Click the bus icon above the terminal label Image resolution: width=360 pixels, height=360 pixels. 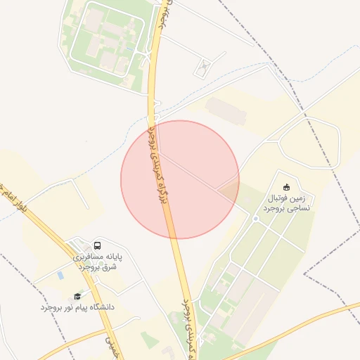(97, 246)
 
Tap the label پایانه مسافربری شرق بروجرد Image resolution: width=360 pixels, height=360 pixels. (98, 262)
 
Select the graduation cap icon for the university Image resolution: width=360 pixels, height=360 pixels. (77, 296)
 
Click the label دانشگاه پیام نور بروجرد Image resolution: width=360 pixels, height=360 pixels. (77, 307)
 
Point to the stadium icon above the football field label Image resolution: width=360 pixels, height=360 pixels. (286, 187)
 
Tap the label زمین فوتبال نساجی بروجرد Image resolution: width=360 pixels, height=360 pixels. (289, 203)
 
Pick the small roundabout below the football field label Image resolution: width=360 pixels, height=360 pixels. (256, 219)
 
